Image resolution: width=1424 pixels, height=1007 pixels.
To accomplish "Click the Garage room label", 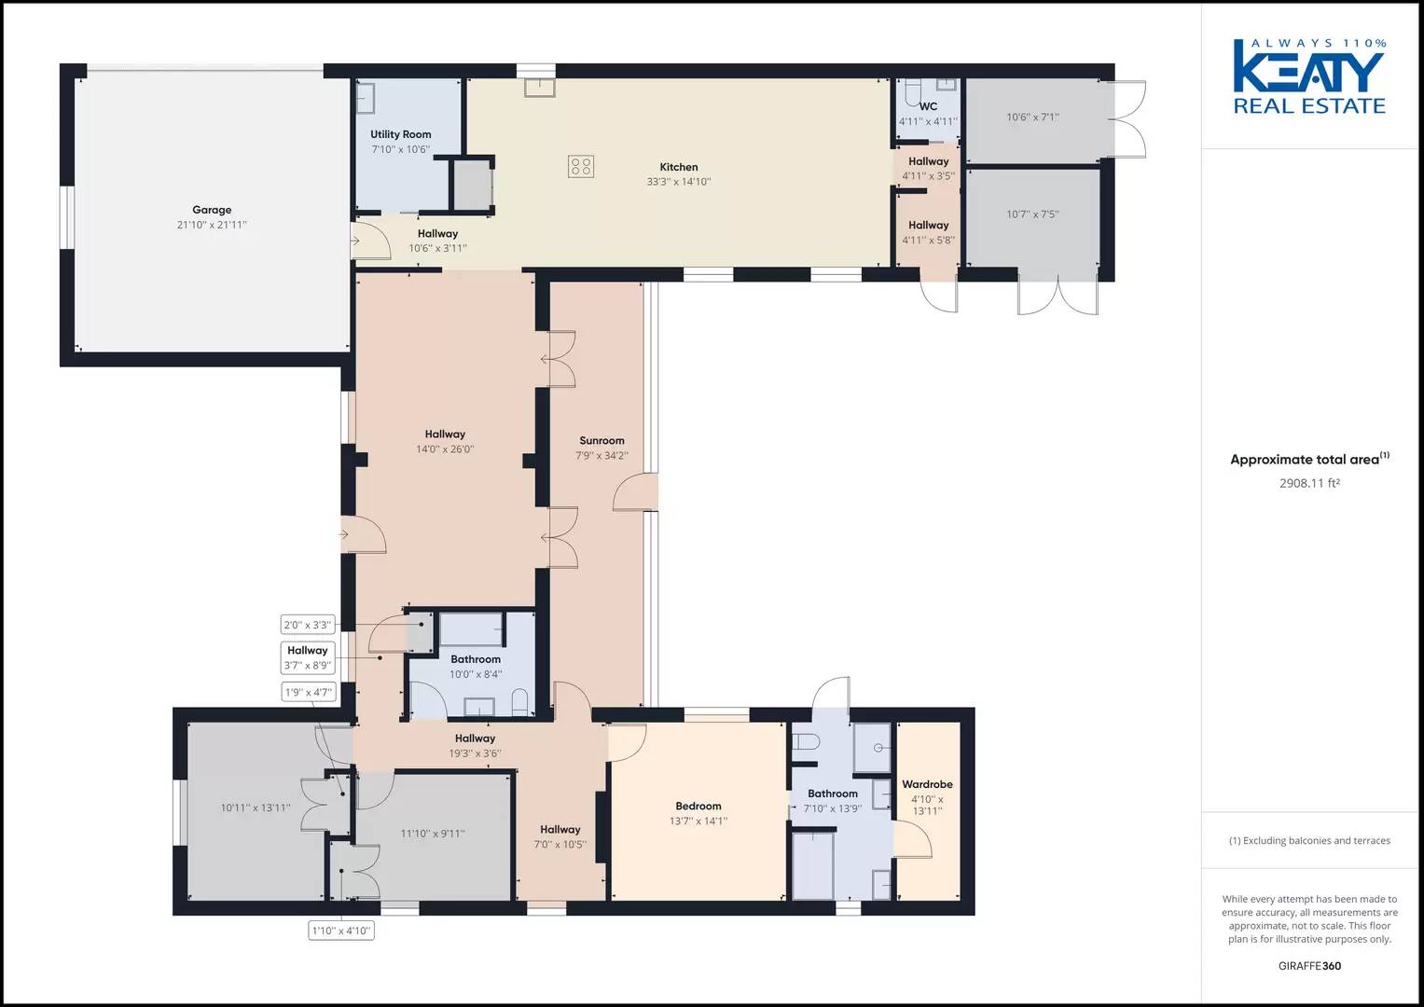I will [212, 210].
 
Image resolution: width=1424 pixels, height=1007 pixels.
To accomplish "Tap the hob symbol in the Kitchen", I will [580, 167].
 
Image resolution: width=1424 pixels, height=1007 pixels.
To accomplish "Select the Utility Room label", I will [400, 134].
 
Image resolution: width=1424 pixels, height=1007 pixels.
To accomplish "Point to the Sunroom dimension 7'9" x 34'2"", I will [601, 456].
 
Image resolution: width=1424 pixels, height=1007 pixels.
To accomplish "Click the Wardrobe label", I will [927, 784].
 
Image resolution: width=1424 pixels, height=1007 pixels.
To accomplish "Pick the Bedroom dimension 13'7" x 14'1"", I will [698, 821].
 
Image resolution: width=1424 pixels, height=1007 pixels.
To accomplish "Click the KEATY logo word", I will [1308, 72].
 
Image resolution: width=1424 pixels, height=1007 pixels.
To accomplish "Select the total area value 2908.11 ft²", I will [1308, 483].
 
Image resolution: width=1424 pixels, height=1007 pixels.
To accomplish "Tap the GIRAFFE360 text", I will [1308, 966].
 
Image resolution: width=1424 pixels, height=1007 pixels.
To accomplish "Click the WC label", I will [928, 106].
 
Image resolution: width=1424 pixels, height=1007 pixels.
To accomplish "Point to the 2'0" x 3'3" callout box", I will [308, 625].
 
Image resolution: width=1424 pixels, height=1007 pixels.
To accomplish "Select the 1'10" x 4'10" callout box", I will [341, 930].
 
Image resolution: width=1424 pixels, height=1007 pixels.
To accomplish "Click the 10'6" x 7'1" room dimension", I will [1032, 117].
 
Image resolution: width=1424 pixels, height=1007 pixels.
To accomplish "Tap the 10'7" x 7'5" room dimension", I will [1032, 214].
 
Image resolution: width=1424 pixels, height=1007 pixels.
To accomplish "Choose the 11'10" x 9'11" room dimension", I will [433, 834].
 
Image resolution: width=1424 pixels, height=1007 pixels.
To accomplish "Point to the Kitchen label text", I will [679, 167].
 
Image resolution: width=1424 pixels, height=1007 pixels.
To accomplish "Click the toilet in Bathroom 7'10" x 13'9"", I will [806, 742].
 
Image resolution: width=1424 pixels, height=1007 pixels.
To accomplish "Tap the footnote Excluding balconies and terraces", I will [1309, 840].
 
